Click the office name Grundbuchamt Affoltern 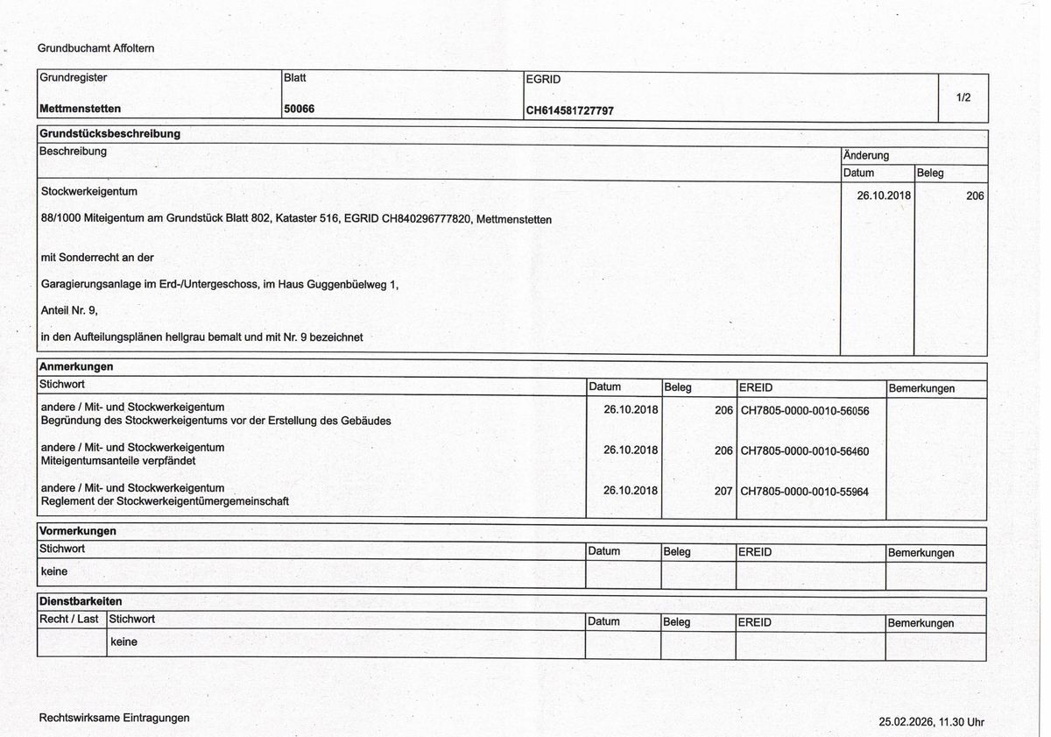[95, 48]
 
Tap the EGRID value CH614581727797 [569, 111]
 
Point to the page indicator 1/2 [963, 97]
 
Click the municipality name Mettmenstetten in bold [80, 109]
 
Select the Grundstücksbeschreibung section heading [109, 134]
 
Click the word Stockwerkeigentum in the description [89, 191]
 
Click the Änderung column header [865, 155]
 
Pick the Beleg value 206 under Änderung [975, 196]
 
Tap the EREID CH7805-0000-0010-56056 [804, 410]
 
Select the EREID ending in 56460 [804, 451]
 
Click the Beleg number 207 [723, 492]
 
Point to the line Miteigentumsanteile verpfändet [118, 461]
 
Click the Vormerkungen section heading [77, 531]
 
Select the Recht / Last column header [69, 620]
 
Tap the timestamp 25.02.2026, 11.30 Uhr [931, 722]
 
